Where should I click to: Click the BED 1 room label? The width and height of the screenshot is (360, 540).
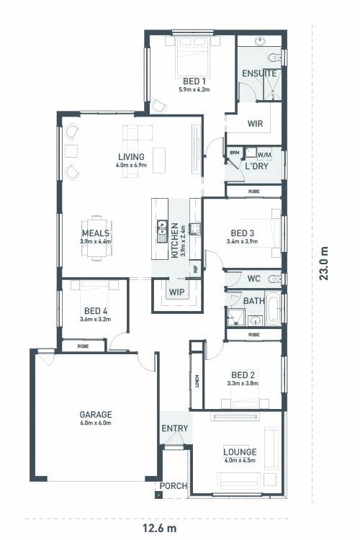pyautogui.click(x=193, y=81)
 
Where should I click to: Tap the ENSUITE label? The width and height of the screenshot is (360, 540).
pyautogui.click(x=259, y=73)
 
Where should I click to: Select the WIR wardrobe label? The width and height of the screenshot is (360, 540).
pyautogui.click(x=254, y=124)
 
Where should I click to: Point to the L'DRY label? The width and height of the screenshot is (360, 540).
pyautogui.click(x=257, y=166)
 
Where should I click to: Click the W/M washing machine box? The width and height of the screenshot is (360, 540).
pyautogui.click(x=264, y=154)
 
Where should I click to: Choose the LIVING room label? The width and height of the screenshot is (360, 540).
pyautogui.click(x=131, y=156)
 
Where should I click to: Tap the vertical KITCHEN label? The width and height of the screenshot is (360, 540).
pyautogui.click(x=174, y=240)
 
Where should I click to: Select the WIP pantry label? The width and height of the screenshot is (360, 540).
pyautogui.click(x=176, y=292)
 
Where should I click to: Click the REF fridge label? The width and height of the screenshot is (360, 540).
pyautogui.click(x=194, y=269)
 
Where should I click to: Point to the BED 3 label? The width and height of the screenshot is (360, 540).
pyautogui.click(x=242, y=233)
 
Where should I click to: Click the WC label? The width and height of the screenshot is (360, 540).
pyautogui.click(x=253, y=279)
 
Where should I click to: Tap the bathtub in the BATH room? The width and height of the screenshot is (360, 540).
pyautogui.click(x=274, y=307)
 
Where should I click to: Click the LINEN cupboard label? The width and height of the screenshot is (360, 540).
pyautogui.click(x=195, y=381)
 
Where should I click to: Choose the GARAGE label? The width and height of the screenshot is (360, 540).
pyautogui.click(x=96, y=415)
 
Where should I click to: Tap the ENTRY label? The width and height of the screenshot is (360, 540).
pyautogui.click(x=174, y=428)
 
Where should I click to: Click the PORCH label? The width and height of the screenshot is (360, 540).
pyautogui.click(x=174, y=486)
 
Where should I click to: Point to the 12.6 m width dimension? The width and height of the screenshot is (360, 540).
pyautogui.click(x=158, y=528)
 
